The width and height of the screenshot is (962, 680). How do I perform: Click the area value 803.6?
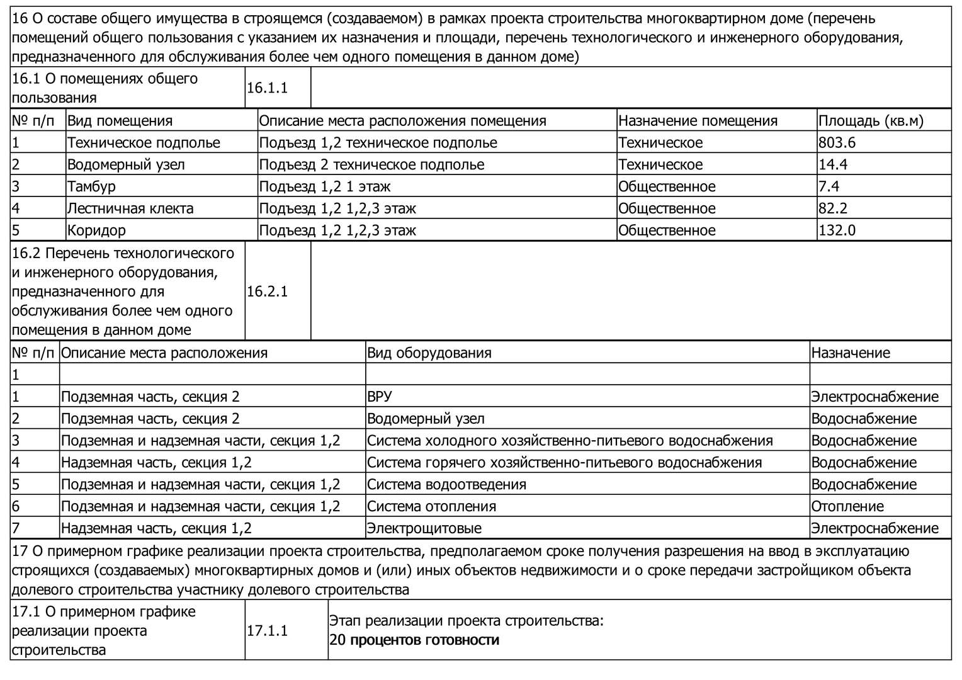837,143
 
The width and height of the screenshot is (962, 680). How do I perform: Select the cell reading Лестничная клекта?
130,208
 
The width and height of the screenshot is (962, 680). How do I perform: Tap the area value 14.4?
833,165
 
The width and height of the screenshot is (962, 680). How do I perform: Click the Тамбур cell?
91,186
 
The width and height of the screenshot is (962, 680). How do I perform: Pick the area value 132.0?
837,230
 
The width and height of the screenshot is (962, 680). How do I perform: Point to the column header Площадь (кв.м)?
870,121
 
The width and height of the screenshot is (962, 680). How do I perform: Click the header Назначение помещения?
698,121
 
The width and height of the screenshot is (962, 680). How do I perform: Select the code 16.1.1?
267,88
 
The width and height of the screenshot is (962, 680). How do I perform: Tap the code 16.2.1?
267,292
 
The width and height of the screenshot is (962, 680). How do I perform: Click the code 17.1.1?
267,630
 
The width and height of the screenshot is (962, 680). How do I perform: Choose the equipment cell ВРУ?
379,397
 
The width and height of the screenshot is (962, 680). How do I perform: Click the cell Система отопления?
431,506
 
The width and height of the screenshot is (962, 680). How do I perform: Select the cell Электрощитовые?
424,528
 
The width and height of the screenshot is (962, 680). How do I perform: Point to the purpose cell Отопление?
847,506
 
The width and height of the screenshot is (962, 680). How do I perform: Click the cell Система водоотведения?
446,484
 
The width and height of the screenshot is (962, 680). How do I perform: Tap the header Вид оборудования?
429,353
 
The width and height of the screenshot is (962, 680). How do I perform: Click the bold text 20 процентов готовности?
414,640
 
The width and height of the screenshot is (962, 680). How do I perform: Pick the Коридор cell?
96,230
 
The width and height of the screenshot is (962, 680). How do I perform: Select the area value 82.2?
833,208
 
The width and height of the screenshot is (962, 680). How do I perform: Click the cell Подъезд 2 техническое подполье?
371,165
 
